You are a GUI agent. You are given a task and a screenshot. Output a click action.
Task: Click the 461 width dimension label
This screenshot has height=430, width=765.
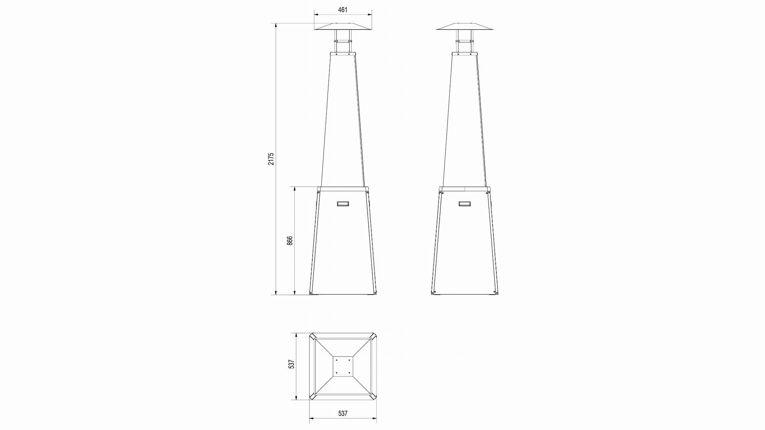tap(343, 10)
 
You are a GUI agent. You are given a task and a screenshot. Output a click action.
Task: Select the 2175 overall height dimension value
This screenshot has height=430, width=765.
tap(272, 159)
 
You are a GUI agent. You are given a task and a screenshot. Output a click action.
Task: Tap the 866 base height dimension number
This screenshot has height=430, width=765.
tap(290, 241)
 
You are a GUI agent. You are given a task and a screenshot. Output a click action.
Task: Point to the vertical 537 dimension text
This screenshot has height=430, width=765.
tap(291, 364)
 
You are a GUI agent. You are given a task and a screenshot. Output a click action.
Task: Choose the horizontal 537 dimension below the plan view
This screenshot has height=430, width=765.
tap(343, 414)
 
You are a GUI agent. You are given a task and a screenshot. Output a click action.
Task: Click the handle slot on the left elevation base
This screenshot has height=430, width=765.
tap(343, 204)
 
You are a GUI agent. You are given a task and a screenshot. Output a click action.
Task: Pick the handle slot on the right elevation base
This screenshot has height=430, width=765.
tap(465, 204)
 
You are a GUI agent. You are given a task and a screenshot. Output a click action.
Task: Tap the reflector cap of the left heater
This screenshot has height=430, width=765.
tap(343, 27)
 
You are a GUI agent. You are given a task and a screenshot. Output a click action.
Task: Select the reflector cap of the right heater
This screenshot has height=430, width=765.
tap(465, 27)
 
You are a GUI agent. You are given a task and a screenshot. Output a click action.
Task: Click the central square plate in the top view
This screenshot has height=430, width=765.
tap(343, 366)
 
